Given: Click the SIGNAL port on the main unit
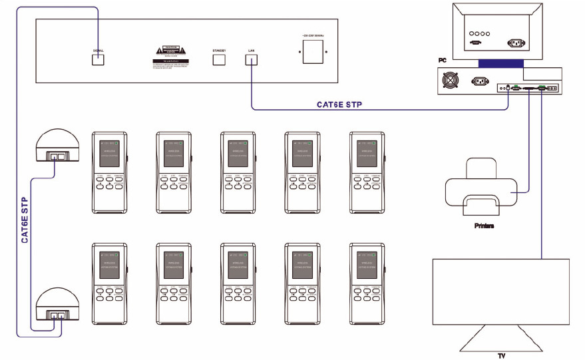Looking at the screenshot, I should click(x=98, y=59).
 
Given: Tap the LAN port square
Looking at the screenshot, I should click(x=252, y=59).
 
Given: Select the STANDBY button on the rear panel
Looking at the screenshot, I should click(x=219, y=59).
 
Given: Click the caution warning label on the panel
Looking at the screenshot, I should click(x=168, y=57).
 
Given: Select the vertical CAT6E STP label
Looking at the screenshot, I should click(x=25, y=219).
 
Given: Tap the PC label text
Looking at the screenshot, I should click(x=441, y=60).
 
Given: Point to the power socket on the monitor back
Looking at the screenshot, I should click(x=516, y=41).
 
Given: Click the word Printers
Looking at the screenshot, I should click(x=485, y=226).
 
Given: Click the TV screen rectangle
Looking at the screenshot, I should click(x=501, y=291).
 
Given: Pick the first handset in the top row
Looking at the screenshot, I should click(x=108, y=172).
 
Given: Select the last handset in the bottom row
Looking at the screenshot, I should click(x=367, y=283).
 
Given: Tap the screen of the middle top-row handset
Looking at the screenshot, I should click(x=238, y=153).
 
